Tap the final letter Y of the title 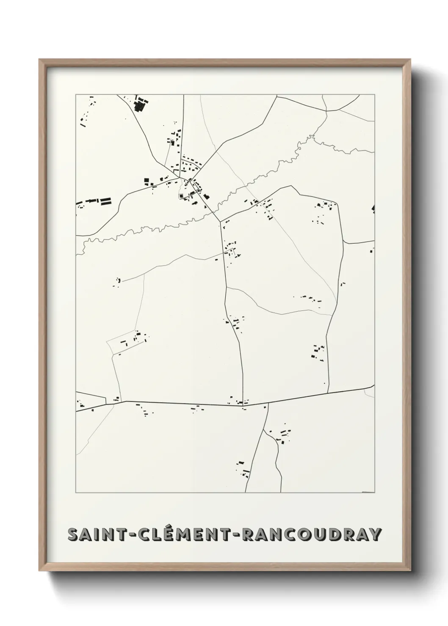point(374,535)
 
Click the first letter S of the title point(73,535)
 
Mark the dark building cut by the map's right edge point(373,208)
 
